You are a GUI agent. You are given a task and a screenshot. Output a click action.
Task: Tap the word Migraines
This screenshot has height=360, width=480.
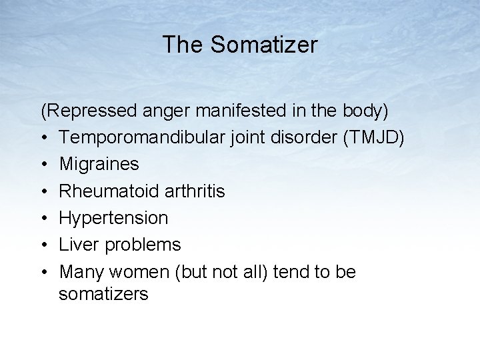(x=99, y=164)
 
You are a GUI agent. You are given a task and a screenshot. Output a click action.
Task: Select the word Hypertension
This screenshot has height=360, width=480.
(x=114, y=218)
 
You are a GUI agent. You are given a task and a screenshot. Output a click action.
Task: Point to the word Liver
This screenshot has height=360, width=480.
(x=77, y=245)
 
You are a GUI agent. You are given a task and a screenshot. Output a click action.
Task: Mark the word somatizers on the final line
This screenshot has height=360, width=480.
(x=103, y=294)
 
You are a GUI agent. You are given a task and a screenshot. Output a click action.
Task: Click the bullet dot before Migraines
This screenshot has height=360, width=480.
(x=44, y=164)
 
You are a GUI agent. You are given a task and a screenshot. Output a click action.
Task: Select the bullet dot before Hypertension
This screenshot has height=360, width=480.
(x=44, y=218)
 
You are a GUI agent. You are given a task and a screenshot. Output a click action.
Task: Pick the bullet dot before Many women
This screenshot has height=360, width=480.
(x=44, y=272)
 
